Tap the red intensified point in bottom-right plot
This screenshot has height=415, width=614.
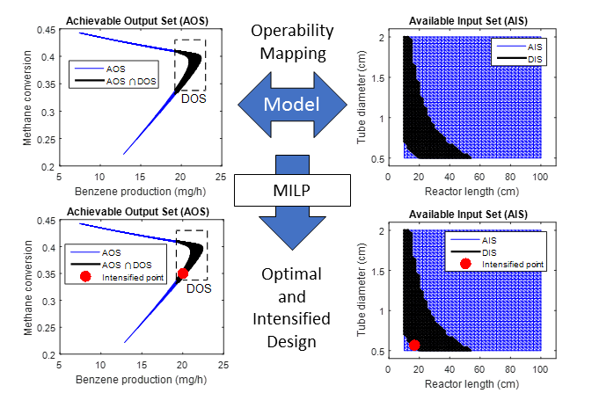[414, 346]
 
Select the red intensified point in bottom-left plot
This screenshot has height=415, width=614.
[183, 273]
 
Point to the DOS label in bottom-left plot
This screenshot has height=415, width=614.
[201, 288]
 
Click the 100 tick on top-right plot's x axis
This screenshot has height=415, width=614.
[541, 174]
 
